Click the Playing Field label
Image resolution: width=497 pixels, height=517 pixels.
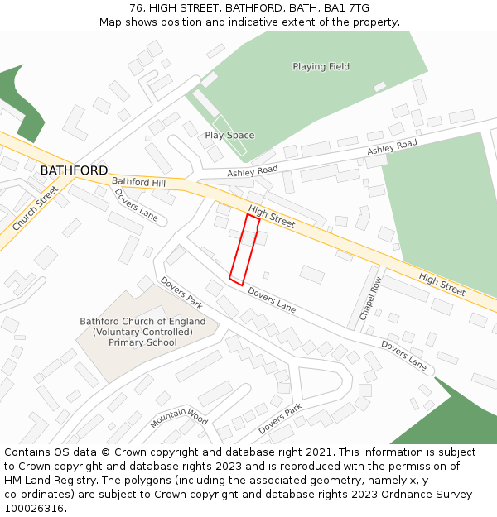321,67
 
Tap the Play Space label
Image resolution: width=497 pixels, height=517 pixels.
229,136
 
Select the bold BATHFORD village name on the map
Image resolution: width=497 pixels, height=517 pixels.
74,170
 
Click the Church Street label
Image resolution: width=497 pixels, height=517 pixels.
36,208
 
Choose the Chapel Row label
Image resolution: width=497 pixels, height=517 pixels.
369,298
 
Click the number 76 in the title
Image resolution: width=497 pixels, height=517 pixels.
137,8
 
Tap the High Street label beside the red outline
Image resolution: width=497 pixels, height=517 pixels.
272,218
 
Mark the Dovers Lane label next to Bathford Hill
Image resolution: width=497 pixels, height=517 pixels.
137,204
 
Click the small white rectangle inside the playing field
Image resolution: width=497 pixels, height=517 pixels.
379,86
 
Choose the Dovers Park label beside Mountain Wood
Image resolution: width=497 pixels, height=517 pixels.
280,419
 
